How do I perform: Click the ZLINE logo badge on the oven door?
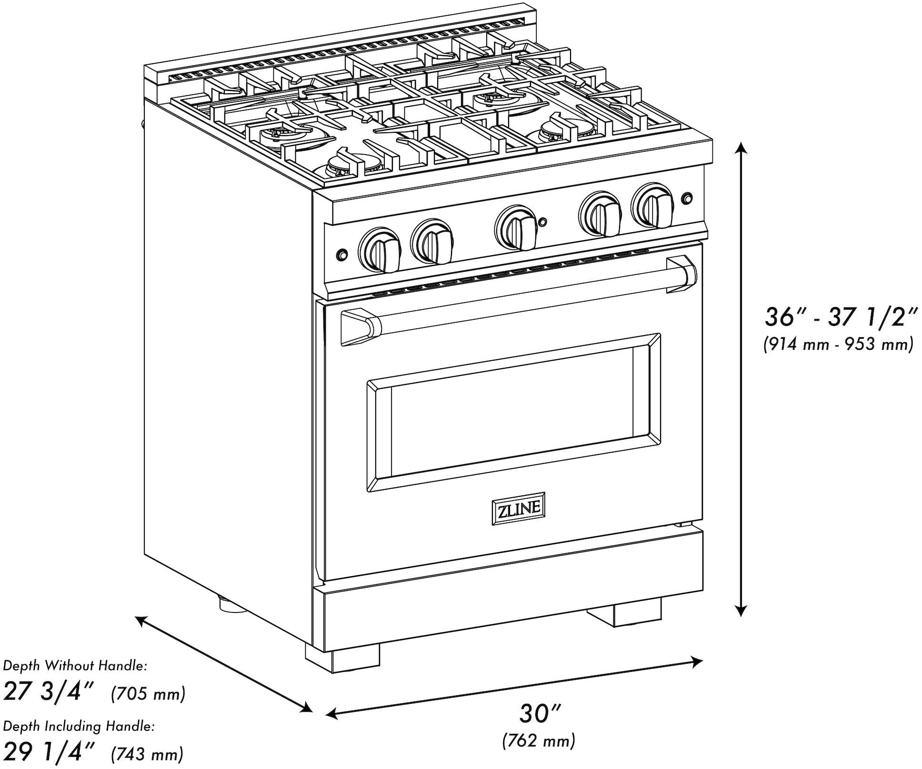(x=518, y=509)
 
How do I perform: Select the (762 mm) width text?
(x=539, y=740)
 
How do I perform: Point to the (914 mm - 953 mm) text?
(x=838, y=344)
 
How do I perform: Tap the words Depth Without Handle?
(x=75, y=666)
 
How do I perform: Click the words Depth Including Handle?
(x=79, y=726)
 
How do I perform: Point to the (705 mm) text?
(x=148, y=694)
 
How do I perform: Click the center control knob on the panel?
(x=517, y=228)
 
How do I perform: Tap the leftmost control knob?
(x=381, y=249)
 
